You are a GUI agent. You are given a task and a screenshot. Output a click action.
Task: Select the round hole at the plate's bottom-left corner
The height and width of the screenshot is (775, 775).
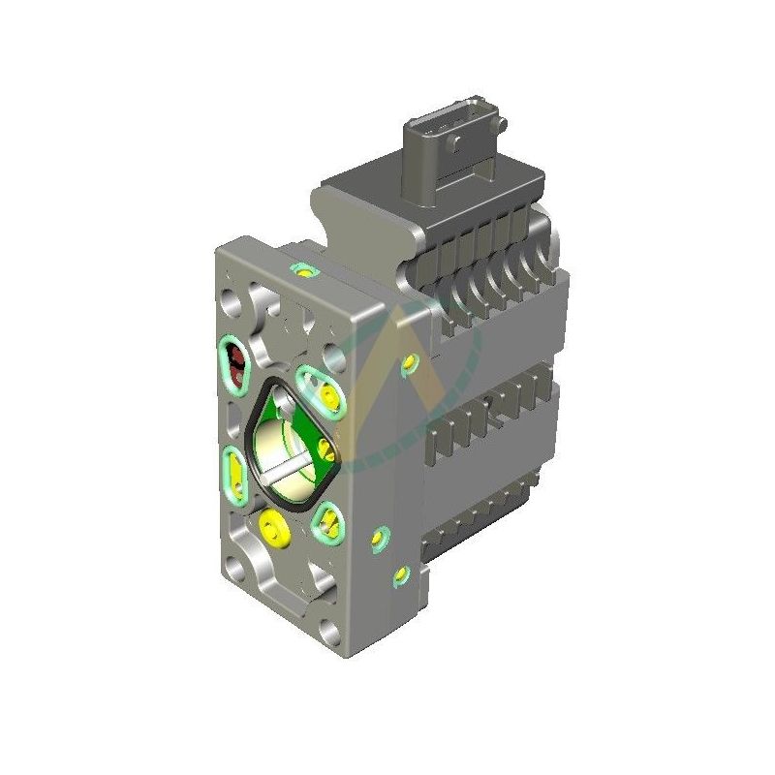point(235,565)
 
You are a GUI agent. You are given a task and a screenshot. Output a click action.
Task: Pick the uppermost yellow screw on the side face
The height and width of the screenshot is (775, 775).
point(408,364)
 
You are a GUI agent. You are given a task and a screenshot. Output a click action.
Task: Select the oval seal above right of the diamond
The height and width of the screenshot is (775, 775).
point(323,388)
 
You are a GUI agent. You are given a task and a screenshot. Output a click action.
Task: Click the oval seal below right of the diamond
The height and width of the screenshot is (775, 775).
point(327,524)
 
